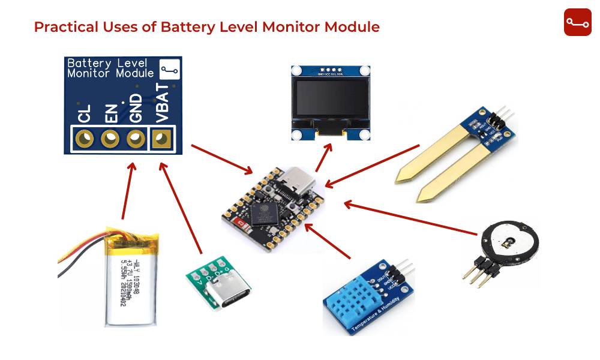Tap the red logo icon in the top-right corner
[x=577, y=23]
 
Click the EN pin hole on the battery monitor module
[x=110, y=139]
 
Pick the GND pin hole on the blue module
[x=136, y=139]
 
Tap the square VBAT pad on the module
[x=160, y=139]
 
